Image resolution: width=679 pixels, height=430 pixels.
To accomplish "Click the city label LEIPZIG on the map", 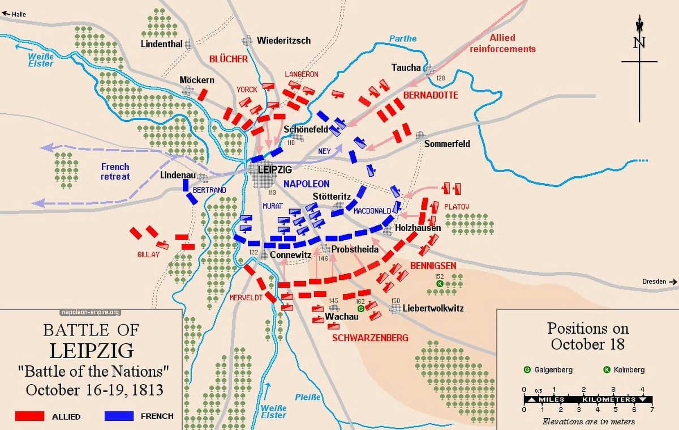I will point(274,169).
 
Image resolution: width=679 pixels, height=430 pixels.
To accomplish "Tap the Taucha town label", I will point(406,67).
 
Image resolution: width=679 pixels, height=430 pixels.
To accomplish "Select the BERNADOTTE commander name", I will point(431,95).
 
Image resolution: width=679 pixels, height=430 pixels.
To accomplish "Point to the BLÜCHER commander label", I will point(229,59).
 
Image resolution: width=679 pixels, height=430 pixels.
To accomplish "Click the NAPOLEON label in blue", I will point(306,184).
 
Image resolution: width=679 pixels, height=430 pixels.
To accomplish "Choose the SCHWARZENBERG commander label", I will point(370,338).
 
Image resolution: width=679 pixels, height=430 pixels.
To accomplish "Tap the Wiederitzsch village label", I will point(283,41).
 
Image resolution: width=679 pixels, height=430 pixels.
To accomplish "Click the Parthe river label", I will point(402,39).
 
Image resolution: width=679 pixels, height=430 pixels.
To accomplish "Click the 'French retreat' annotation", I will point(115,171).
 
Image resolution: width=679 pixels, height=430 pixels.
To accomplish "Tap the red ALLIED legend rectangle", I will point(30,416).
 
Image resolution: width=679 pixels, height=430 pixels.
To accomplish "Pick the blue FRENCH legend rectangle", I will point(119,416).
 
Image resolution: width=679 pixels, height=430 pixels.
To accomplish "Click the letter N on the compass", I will point(639,42).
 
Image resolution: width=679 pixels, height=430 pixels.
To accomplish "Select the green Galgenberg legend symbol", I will point(527,370).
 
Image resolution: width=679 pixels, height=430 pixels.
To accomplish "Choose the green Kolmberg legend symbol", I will point(607,370).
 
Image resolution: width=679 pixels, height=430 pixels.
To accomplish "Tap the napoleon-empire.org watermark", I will point(90,312).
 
